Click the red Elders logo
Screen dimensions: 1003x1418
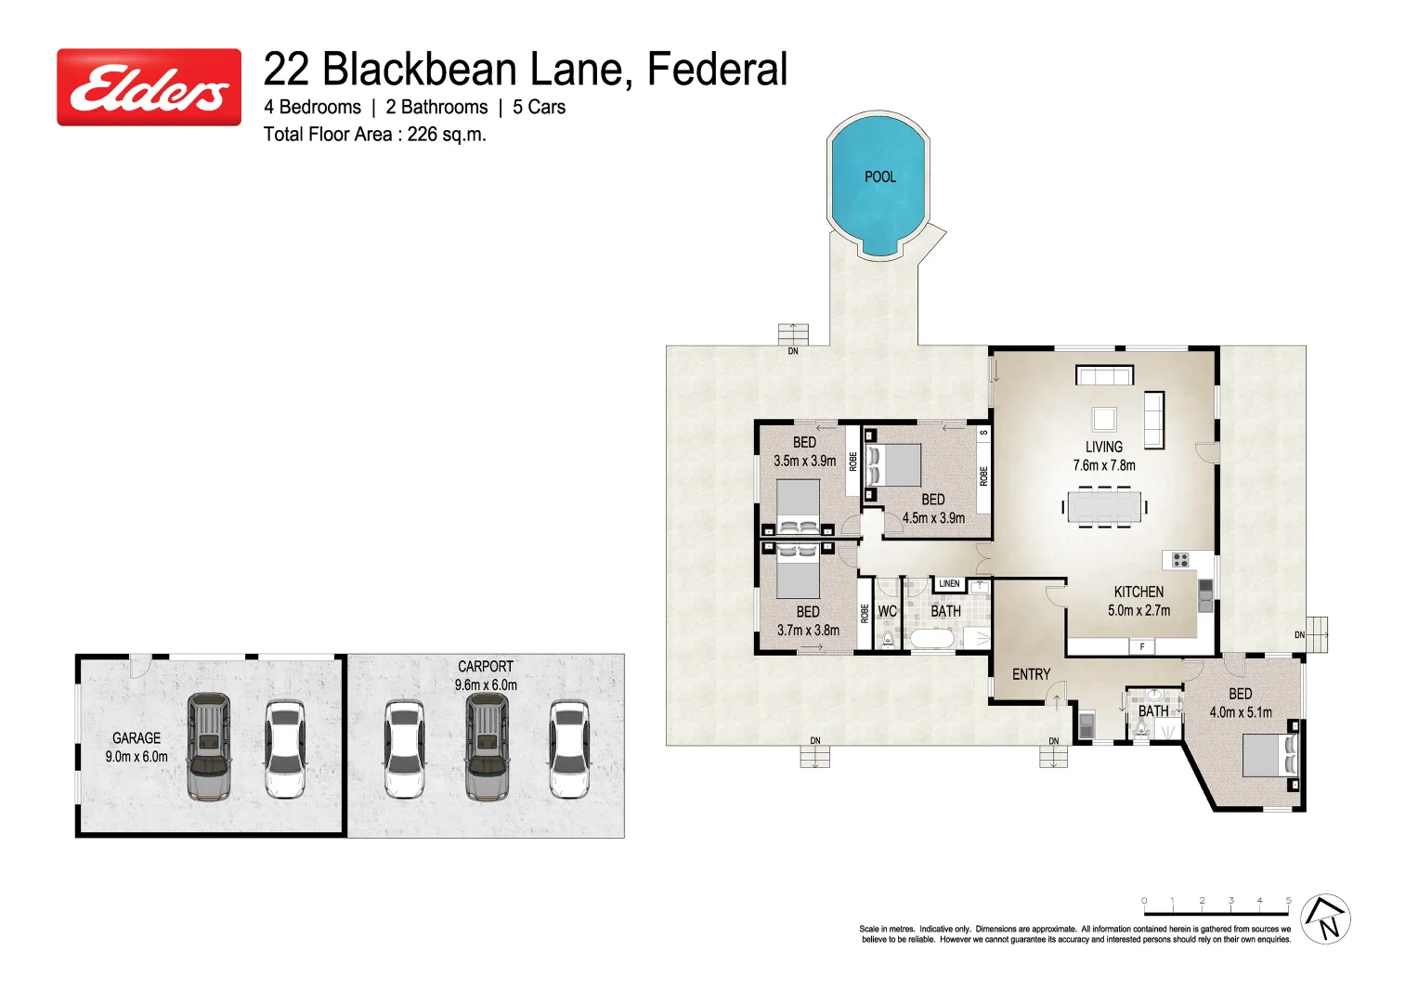[x=149, y=87]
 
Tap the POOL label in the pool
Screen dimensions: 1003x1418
[x=879, y=176]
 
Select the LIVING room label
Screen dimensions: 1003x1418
[x=1103, y=447]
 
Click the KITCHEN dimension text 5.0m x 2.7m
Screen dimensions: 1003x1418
[x=1138, y=610]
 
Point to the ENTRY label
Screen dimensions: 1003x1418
[x=1031, y=674]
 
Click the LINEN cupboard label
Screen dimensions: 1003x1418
[x=949, y=584]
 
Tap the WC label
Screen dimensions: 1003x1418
[x=887, y=611]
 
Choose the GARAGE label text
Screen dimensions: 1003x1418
[x=137, y=738]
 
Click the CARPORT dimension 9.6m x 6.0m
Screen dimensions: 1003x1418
[x=486, y=684]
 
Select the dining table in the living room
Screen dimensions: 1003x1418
[x=1104, y=506]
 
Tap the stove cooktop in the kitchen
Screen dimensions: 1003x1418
[x=1179, y=559]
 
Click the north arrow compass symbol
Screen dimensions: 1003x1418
[x=1325, y=919]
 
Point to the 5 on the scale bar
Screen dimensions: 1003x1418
[x=1288, y=901]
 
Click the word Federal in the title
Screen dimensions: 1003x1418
[x=717, y=70]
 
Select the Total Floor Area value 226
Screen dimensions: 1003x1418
[x=422, y=134]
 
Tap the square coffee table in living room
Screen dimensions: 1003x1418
[x=1103, y=419]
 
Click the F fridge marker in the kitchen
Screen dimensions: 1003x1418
[x=1141, y=646]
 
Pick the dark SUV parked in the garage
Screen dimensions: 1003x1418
[x=208, y=746]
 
